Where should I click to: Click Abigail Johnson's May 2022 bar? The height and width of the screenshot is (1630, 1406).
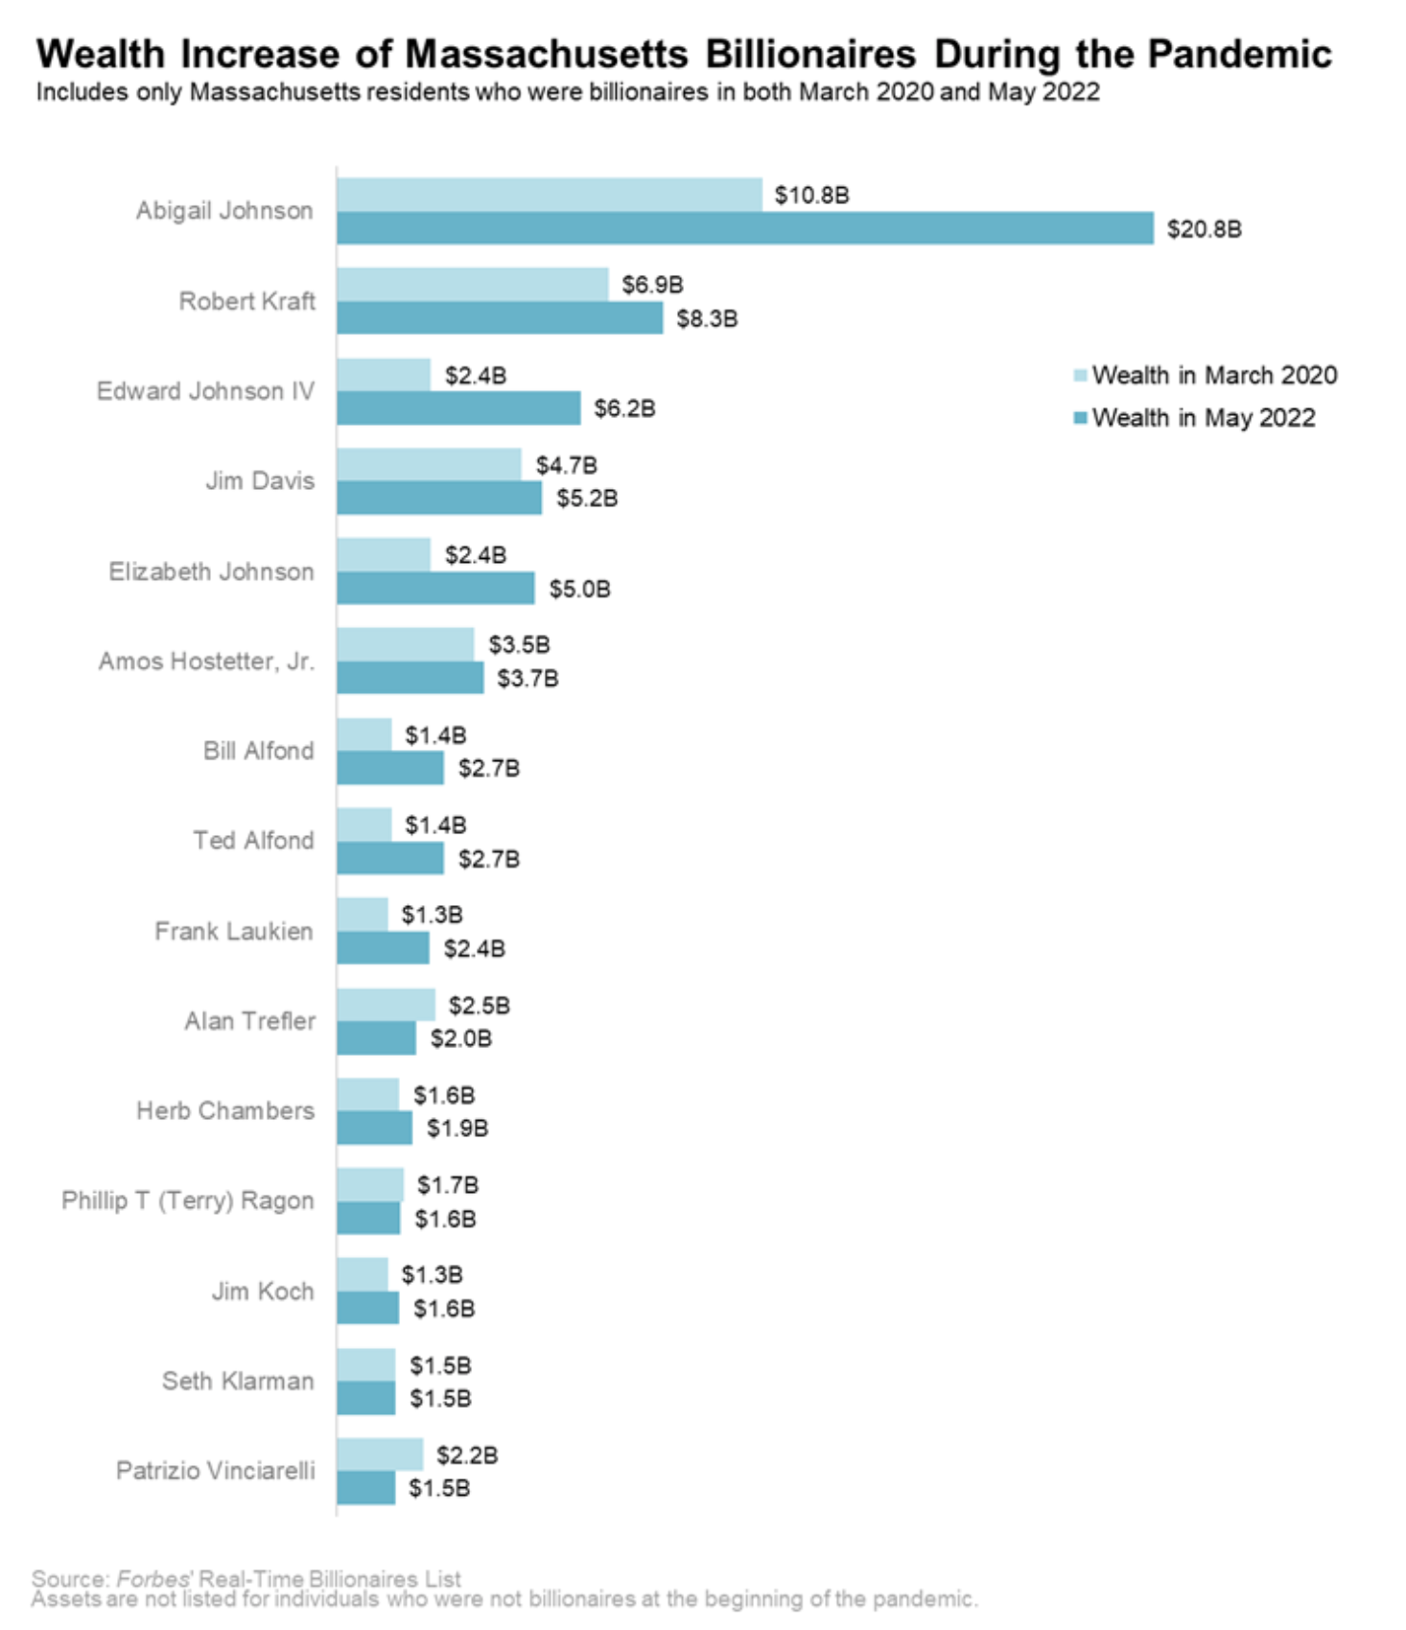coord(744,228)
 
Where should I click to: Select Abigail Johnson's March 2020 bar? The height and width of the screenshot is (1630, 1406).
coord(549,195)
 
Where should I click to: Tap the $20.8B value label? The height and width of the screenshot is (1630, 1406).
coord(1204,229)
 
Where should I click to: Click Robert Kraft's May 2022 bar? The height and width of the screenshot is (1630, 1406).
coord(499,318)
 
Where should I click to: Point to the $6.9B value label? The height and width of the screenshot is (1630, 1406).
coord(652,285)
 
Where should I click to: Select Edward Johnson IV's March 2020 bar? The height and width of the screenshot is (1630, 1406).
coord(384,375)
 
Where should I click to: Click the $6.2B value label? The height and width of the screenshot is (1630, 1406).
coord(624,408)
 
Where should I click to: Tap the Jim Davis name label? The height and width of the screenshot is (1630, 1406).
coord(259,480)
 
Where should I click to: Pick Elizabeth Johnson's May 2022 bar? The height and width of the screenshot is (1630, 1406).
coord(435,589)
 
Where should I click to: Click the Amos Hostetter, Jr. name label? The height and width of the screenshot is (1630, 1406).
coord(206,662)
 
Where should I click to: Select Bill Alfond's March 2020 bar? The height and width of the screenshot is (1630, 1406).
coord(364,734)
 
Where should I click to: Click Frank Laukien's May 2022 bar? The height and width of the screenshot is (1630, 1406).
coord(383,948)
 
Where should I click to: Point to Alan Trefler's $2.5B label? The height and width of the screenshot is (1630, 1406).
coord(479,1006)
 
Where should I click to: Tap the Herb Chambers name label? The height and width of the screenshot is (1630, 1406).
coord(225,1110)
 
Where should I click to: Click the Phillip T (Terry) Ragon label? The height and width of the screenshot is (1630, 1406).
coord(188,1200)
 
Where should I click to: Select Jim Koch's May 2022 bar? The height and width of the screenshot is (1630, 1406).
coord(367,1308)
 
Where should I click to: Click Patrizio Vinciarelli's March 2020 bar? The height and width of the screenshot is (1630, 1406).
coord(380,1455)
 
